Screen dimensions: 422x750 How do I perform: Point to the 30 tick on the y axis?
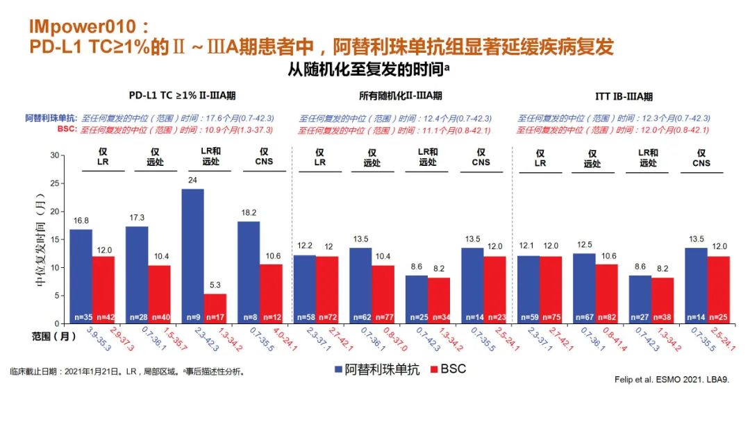point(56,155)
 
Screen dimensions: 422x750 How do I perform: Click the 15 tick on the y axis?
point(56,239)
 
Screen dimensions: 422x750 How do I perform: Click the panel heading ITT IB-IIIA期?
point(624,96)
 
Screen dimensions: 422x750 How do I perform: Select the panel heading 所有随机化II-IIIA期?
point(401,96)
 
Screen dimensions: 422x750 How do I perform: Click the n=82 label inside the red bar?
point(606,317)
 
